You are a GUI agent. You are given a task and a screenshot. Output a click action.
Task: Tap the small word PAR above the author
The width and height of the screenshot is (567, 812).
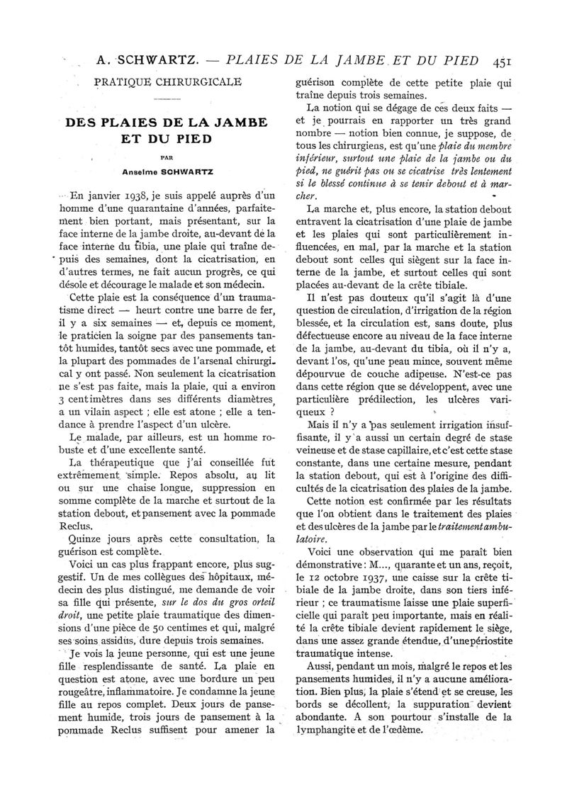point(168,158)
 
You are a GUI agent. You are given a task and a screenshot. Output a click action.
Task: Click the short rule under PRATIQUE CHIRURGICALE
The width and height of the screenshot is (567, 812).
point(168,98)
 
